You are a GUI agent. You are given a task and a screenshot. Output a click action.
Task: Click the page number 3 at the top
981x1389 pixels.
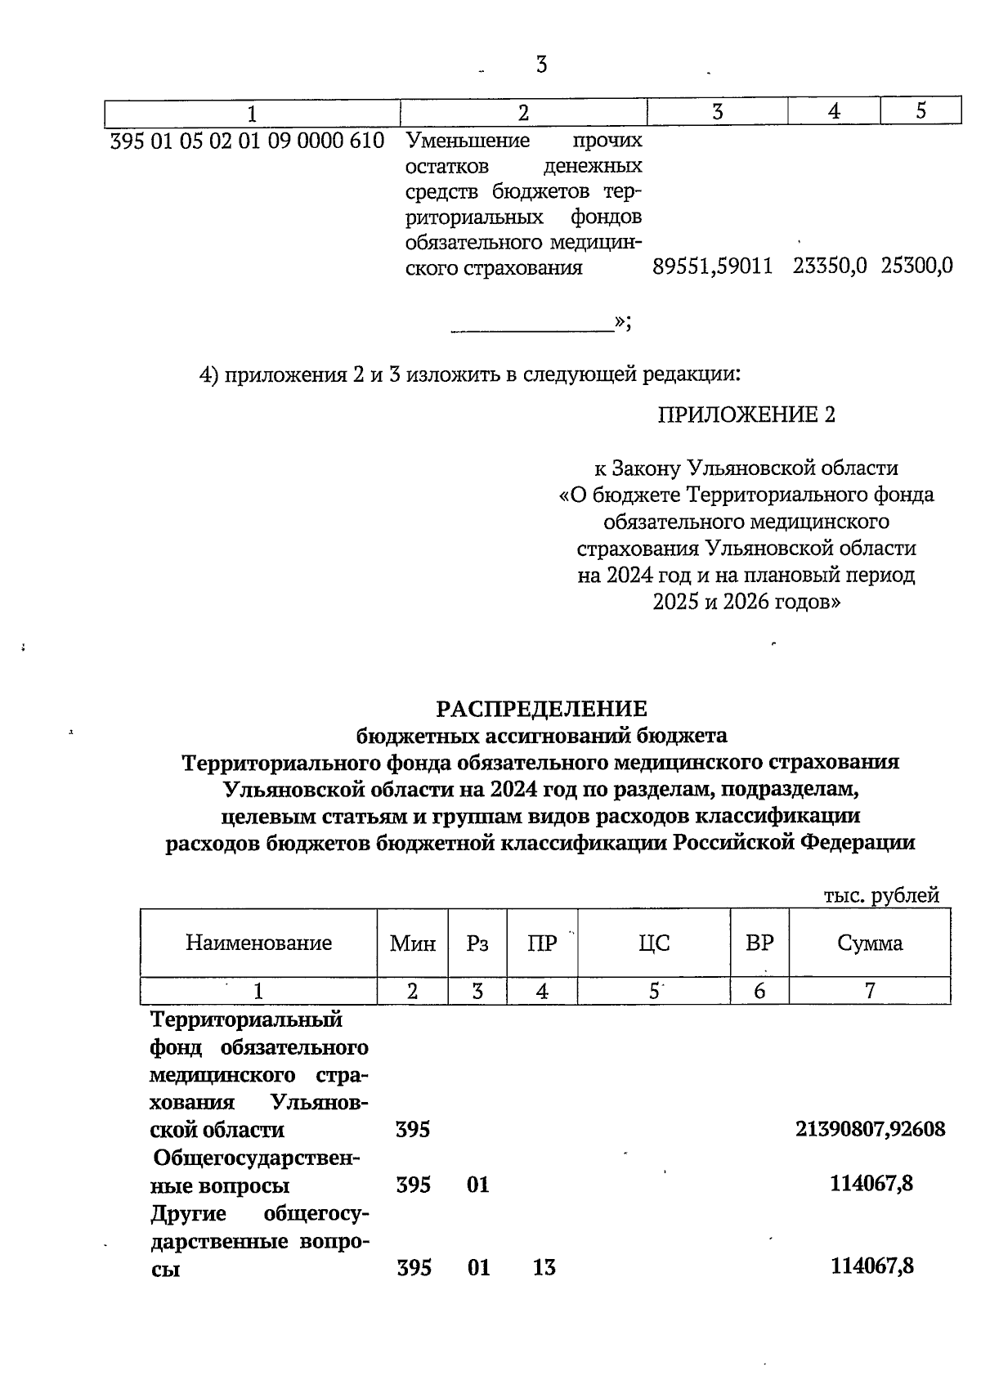541,64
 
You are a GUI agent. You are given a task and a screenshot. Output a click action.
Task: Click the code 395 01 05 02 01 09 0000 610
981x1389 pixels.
247,141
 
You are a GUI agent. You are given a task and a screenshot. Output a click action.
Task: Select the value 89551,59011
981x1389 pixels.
713,267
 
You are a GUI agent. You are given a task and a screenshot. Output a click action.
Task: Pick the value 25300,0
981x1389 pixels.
916,267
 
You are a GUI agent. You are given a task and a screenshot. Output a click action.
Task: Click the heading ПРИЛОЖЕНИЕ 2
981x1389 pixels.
746,414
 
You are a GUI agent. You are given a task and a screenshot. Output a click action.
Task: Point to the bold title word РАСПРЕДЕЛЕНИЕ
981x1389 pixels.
540,708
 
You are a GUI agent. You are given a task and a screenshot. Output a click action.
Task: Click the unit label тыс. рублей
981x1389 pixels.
881,894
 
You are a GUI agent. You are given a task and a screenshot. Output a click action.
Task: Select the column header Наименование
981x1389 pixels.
258,943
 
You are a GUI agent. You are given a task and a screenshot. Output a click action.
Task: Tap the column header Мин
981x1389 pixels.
412,943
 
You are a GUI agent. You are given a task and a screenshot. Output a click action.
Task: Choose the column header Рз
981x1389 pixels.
477,943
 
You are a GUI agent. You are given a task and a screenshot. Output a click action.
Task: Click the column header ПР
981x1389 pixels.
542,943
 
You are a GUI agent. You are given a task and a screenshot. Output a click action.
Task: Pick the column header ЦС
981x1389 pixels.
654,943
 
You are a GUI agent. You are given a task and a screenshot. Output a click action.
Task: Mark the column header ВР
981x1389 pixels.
759,943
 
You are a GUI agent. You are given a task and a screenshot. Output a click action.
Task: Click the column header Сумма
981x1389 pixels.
870,943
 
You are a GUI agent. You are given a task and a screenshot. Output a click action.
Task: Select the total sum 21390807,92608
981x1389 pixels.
870,1129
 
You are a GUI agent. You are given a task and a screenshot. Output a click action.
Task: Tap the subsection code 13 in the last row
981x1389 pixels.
544,1267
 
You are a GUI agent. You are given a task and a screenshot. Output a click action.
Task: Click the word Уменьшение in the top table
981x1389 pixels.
468,141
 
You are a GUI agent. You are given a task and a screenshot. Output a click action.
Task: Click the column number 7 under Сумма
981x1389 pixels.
870,991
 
